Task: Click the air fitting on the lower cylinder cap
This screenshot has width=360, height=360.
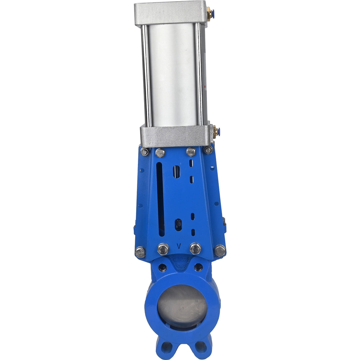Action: click(x=216, y=131)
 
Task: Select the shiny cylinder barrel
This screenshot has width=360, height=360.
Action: click(x=172, y=74)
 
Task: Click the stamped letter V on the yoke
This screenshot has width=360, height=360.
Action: click(x=179, y=246)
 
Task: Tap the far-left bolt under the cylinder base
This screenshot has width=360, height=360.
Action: click(x=145, y=152)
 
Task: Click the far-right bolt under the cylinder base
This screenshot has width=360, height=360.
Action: click(x=208, y=150)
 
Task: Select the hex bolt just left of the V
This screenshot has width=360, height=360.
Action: click(x=163, y=249)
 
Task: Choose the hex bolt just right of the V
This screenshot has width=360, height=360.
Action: click(x=195, y=249)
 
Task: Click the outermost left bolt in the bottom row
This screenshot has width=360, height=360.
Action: click(x=140, y=252)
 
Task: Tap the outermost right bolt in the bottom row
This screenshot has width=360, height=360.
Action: click(x=220, y=251)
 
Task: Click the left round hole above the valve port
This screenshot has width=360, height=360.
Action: click(x=163, y=268)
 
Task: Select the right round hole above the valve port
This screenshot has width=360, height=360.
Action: click(x=198, y=267)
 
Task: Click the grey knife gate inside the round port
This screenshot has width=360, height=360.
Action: click(x=181, y=305)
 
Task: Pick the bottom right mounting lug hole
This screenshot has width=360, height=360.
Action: click(x=201, y=346)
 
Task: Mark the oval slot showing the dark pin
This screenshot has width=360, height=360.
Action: click(x=178, y=224)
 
